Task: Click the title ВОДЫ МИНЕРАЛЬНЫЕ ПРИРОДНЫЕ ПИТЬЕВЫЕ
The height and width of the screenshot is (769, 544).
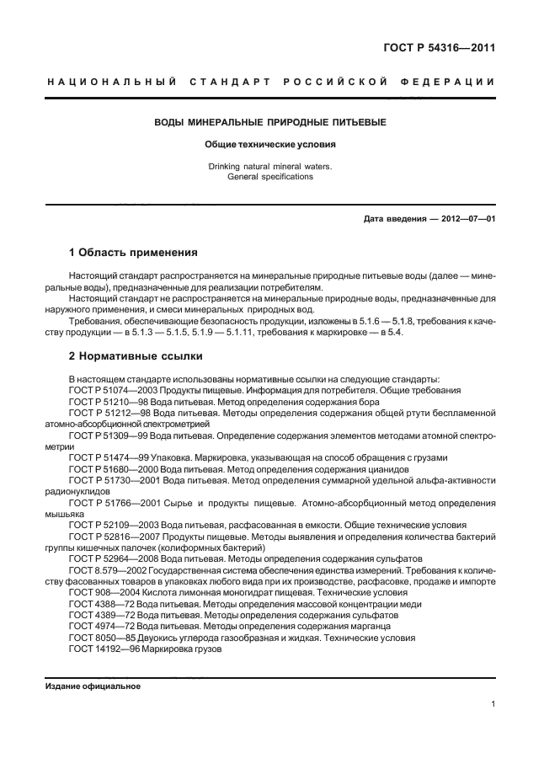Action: point(269,123)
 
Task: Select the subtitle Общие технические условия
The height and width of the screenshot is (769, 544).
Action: point(269,144)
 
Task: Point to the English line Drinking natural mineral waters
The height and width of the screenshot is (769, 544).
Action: point(269,166)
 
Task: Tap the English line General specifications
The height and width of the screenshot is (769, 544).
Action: point(269,177)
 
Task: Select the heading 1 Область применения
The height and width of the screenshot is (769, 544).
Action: point(133,252)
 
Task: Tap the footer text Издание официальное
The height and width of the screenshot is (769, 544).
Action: point(93,686)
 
